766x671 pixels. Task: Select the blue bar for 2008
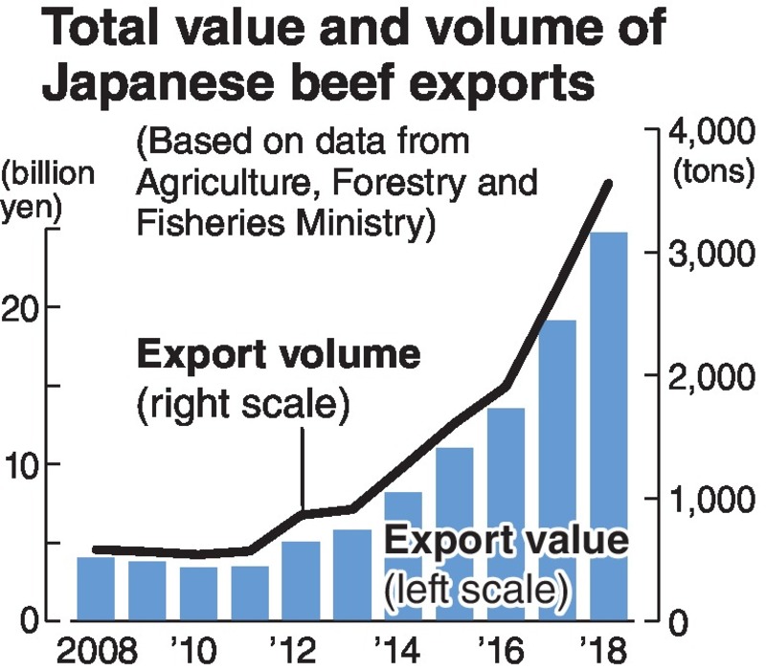(96, 588)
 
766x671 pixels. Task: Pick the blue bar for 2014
(403, 555)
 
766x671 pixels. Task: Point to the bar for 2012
(301, 580)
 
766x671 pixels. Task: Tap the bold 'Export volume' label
(279, 356)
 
